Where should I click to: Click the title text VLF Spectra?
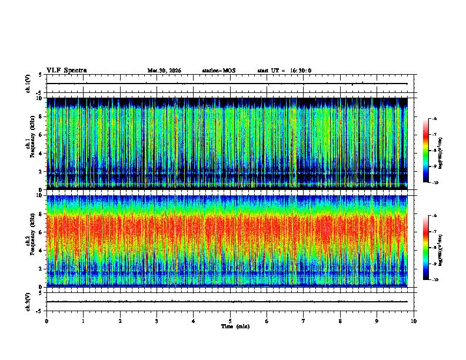pyautogui.click(x=66, y=71)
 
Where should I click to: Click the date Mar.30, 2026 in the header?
pyautogui.click(x=164, y=71)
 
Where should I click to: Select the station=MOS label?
pyautogui.click(x=218, y=71)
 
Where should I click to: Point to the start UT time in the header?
pyautogui.click(x=284, y=71)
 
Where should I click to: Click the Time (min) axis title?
pyautogui.click(x=235, y=326)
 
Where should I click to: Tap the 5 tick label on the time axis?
pyautogui.click(x=230, y=321)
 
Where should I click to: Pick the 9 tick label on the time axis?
pyautogui.click(x=377, y=321)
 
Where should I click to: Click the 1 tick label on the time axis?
pyautogui.click(x=84, y=321)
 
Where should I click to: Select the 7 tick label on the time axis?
pyautogui.click(x=304, y=321)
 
